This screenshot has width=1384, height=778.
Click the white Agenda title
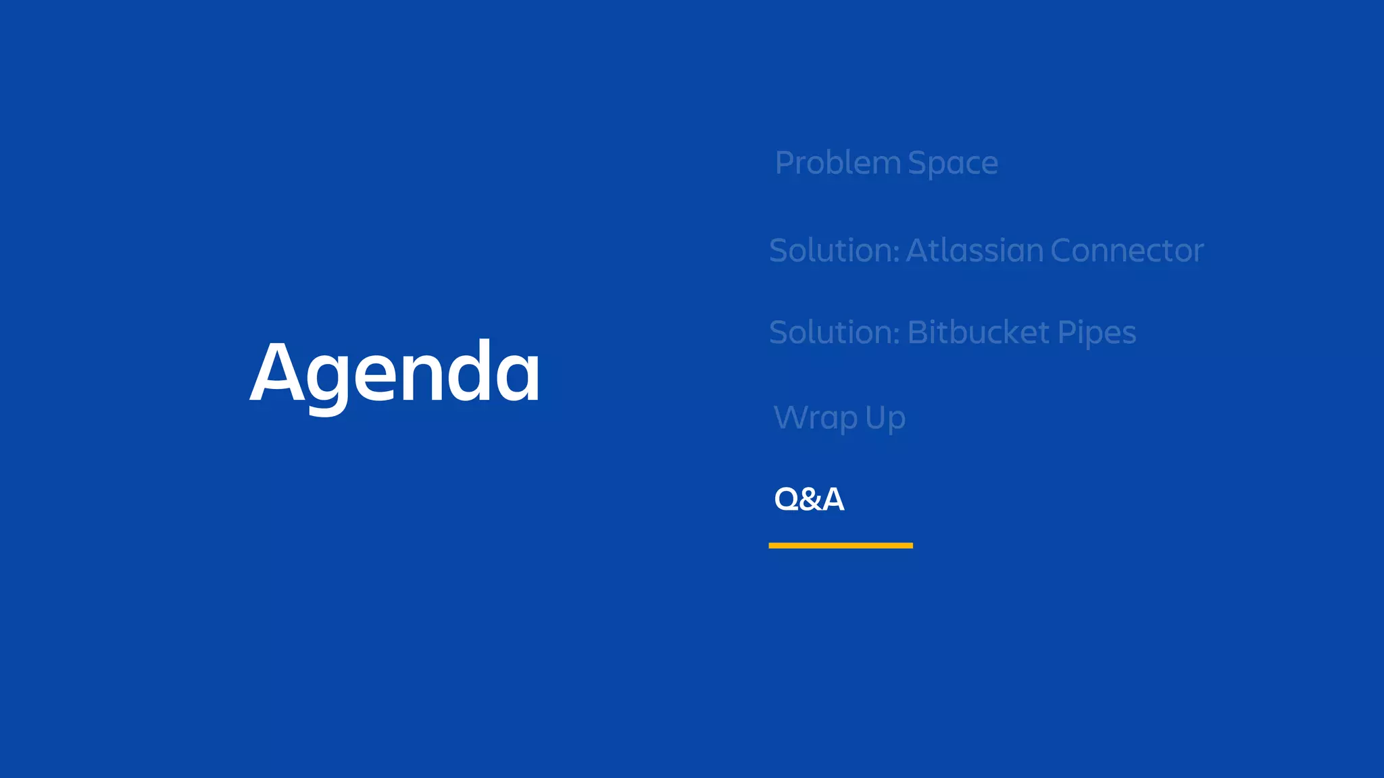pos(395,373)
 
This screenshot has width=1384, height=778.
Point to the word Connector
pos(1127,251)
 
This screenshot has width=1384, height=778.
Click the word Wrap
pos(816,418)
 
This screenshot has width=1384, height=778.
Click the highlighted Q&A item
pos(809,499)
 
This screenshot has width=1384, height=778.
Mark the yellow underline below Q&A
pos(841,545)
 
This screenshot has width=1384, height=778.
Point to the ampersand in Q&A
pos(810,500)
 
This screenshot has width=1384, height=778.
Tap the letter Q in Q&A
pos(787,499)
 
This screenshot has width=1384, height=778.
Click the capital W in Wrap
pos(791,417)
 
